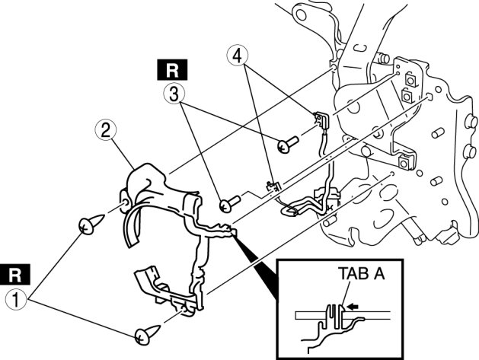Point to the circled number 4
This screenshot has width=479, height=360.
pos(238,55)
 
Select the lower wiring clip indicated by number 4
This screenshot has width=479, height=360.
pos(272,186)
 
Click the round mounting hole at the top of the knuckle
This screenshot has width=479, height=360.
pos(299,13)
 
